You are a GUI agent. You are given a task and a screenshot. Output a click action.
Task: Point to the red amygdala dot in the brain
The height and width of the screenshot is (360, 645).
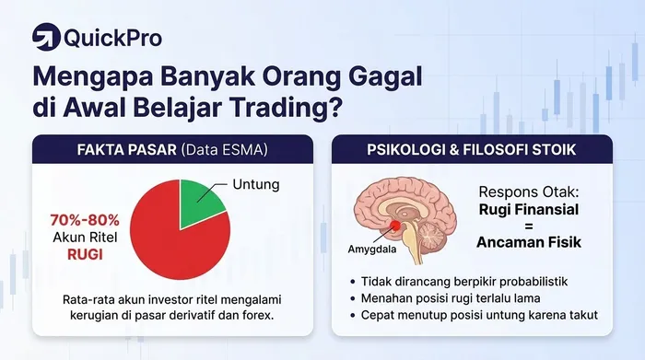point(395,223)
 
